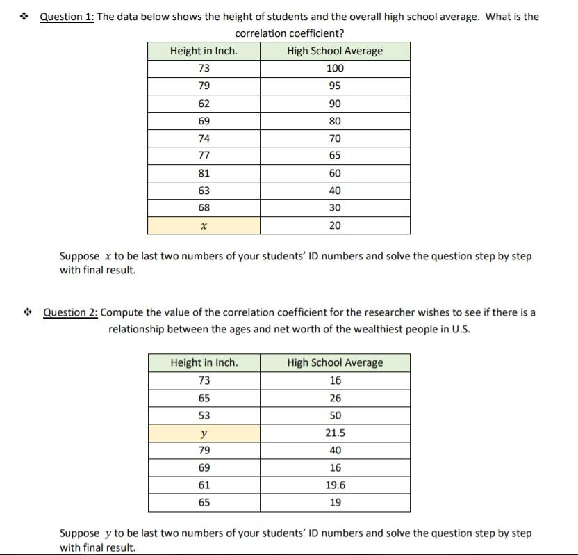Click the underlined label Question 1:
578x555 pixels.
pyautogui.click(x=67, y=17)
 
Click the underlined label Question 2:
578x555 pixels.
pyautogui.click(x=70, y=312)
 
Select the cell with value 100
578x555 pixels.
pyautogui.click(x=335, y=68)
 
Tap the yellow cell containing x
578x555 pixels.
pyautogui.click(x=204, y=225)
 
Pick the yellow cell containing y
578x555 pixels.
pyautogui.click(x=204, y=433)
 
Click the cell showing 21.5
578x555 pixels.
pyautogui.click(x=335, y=433)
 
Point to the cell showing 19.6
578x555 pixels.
pyautogui.click(x=335, y=485)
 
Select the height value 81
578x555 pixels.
pyautogui.click(x=204, y=173)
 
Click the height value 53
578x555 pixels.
pyautogui.click(x=204, y=415)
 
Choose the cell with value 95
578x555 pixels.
pyautogui.click(x=335, y=86)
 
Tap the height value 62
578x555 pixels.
pyautogui.click(x=204, y=104)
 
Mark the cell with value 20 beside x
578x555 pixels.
pyautogui.click(x=335, y=225)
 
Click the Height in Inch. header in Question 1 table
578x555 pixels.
pyautogui.click(x=204, y=51)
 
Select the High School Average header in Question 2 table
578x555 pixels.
pyautogui.click(x=335, y=362)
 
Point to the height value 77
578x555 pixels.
pyautogui.click(x=204, y=156)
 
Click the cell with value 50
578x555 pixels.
pyautogui.click(x=335, y=415)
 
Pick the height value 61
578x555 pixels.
pyautogui.click(x=204, y=485)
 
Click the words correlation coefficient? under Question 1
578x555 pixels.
pyautogui.click(x=289, y=33)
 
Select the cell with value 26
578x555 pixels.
pyautogui.click(x=335, y=398)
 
